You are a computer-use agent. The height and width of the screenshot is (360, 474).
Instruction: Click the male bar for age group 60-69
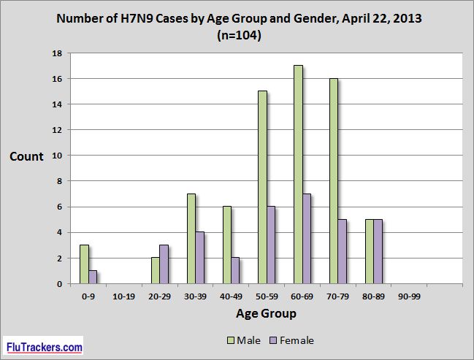click(x=298, y=175)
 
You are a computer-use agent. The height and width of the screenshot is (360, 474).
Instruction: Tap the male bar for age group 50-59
click(x=262, y=188)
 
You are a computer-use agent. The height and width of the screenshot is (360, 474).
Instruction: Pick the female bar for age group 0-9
click(x=92, y=277)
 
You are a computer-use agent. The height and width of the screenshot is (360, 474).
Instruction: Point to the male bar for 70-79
click(x=334, y=181)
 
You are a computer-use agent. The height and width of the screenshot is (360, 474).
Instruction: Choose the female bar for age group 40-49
click(x=235, y=270)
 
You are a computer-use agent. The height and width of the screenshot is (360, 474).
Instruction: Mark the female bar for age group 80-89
click(x=378, y=251)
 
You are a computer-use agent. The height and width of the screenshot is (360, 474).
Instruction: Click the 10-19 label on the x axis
click(x=123, y=296)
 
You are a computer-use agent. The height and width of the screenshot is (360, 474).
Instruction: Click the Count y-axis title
click(x=26, y=156)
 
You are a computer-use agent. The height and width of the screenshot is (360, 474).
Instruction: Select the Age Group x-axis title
click(x=266, y=314)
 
